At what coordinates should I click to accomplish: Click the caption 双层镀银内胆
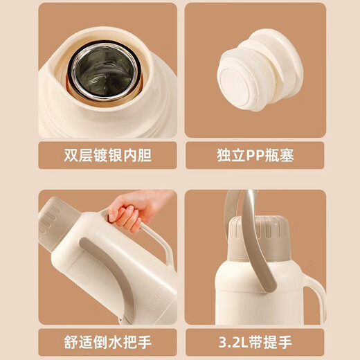coord(107,155)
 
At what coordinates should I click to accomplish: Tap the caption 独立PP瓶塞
coord(255,155)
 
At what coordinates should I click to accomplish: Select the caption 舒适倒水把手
coord(107,342)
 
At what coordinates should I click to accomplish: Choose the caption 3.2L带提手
coord(255,342)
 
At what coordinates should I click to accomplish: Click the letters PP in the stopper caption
coord(255,156)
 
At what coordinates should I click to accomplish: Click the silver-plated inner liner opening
coord(105,71)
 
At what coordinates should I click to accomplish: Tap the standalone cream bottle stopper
coord(260,71)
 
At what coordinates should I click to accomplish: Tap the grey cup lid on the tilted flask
coord(55,223)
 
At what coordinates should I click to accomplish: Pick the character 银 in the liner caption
coord(115,155)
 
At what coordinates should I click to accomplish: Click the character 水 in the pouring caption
coord(115,342)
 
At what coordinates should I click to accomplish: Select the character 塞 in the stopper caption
coord(287,155)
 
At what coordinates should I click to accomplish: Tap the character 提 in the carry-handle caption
coord(271,342)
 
